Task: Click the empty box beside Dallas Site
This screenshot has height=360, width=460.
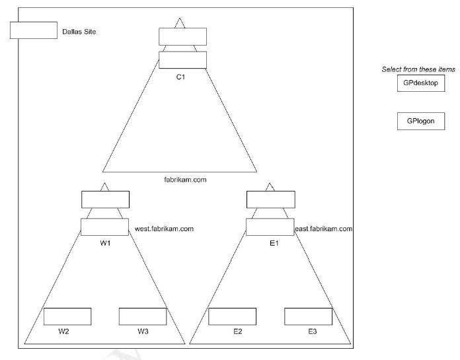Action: coord(34,30)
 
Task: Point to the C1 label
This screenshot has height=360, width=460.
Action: coord(180,77)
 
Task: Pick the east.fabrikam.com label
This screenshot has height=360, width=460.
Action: coord(324,229)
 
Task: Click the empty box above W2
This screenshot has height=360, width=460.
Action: coord(67,316)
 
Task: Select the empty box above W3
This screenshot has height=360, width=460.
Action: coord(143,316)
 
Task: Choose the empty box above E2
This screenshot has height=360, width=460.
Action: coord(233,316)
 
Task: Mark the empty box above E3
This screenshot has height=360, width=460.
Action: coord(308,316)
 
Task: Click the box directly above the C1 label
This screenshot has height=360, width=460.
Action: coord(183,60)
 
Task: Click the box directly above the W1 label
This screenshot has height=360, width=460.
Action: coord(105,227)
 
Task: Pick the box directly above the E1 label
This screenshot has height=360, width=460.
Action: coord(270,227)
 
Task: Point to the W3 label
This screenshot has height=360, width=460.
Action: coord(143,331)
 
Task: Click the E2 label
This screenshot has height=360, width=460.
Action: coord(237,331)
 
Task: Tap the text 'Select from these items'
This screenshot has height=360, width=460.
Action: coord(418,69)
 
